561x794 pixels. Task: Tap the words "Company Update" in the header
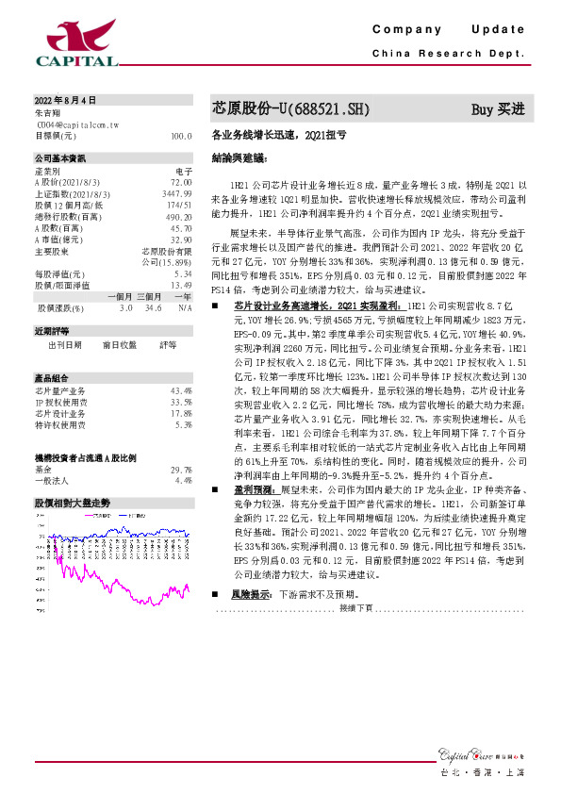[453, 30]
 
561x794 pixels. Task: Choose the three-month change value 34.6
[155, 307]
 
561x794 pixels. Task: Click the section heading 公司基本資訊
[60, 158]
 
